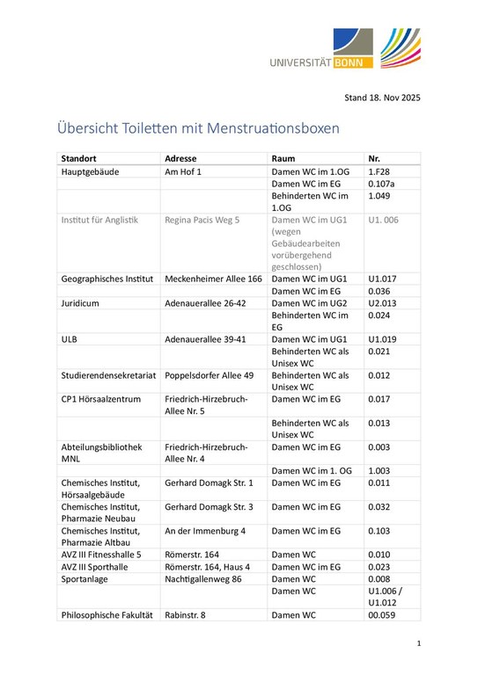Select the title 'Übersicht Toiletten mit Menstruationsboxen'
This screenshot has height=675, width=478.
click(x=199, y=128)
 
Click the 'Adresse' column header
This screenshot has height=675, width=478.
click(x=181, y=158)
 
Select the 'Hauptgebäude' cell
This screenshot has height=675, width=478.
click(x=90, y=171)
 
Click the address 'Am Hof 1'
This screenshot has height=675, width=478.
click(x=184, y=171)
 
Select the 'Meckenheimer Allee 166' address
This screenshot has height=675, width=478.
click(x=213, y=279)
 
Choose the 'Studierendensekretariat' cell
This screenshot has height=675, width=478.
click(x=108, y=374)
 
